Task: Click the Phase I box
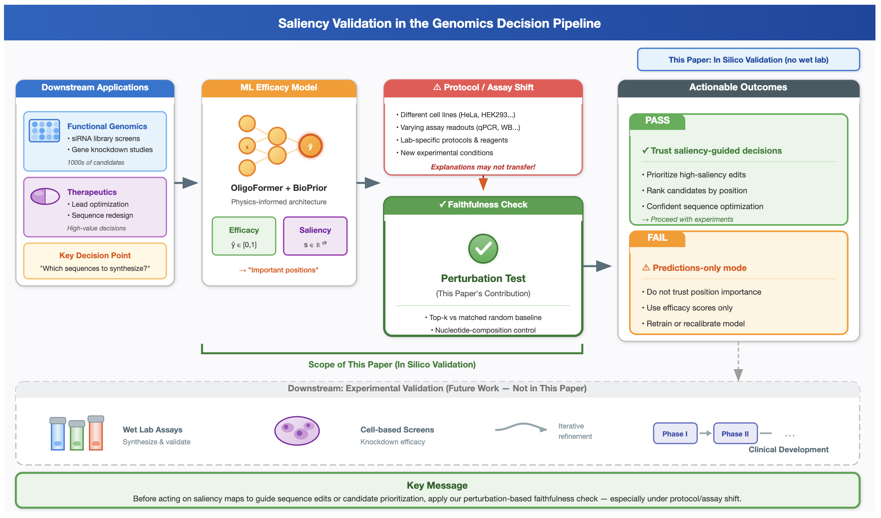(675, 434)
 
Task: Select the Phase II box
(735, 434)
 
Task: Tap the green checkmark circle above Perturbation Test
(483, 249)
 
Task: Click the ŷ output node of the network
(311, 146)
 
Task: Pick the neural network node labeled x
(247, 146)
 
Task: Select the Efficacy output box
(244, 236)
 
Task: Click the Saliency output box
(315, 236)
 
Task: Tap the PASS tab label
(657, 121)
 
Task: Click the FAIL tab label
(658, 238)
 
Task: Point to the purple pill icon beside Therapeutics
(45, 196)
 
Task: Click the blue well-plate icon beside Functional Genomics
(44, 131)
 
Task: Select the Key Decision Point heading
(95, 255)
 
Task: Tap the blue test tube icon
(58, 434)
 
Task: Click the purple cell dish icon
(297, 431)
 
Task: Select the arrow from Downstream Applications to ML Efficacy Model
(186, 183)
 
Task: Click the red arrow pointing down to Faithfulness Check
(483, 183)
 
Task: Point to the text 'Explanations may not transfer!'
(483, 167)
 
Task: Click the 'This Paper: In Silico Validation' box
(748, 60)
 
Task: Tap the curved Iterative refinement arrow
(521, 427)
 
